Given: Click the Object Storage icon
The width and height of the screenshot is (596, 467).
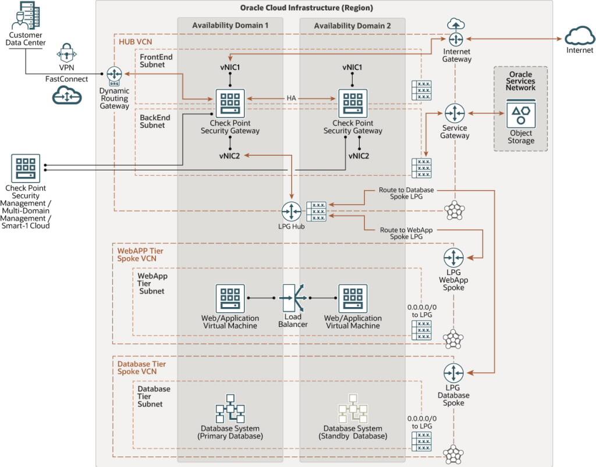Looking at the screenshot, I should point(520,115).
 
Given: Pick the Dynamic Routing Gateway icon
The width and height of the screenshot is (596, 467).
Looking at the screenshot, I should point(114,74).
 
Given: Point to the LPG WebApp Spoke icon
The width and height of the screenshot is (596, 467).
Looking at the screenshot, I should point(453,257).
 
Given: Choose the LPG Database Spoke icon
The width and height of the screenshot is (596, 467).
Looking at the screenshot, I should point(453,373).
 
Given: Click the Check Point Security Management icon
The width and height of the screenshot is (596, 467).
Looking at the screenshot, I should point(25,168).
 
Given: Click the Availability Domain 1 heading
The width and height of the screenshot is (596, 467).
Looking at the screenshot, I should point(230,26).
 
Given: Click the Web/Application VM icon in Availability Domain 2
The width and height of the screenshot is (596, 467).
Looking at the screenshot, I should point(353,298).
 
